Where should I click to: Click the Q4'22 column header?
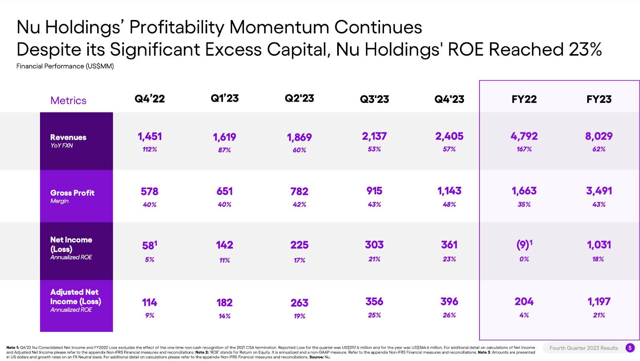pyautogui.click(x=150, y=99)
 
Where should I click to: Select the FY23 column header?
pyautogui.click(x=599, y=99)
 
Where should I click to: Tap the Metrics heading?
pyautogui.click(x=68, y=100)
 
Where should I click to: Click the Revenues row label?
pyautogui.click(x=68, y=137)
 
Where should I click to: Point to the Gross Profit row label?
pyautogui.click(x=72, y=193)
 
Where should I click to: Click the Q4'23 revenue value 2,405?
pyautogui.click(x=449, y=136)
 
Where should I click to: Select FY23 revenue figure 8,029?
pyautogui.click(x=599, y=136)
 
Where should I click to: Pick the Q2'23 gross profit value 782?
pyautogui.click(x=299, y=192)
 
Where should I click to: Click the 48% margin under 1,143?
pyautogui.click(x=449, y=205)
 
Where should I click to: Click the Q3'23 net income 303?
pyautogui.click(x=374, y=245)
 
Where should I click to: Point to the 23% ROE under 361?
pyautogui.click(x=449, y=259)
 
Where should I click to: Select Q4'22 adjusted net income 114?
pyautogui.click(x=150, y=303)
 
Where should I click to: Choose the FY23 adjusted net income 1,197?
pyautogui.click(x=599, y=302)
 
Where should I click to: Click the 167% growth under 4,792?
pyautogui.click(x=524, y=149)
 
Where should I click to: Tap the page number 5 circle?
pyautogui.click(x=630, y=348)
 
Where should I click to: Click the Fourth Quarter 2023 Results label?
pyautogui.click(x=584, y=348)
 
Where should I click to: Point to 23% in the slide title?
pyautogui.click(x=585, y=50)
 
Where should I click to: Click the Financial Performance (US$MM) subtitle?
pyautogui.click(x=65, y=66)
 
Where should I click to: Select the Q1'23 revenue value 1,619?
pyautogui.click(x=224, y=137)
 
